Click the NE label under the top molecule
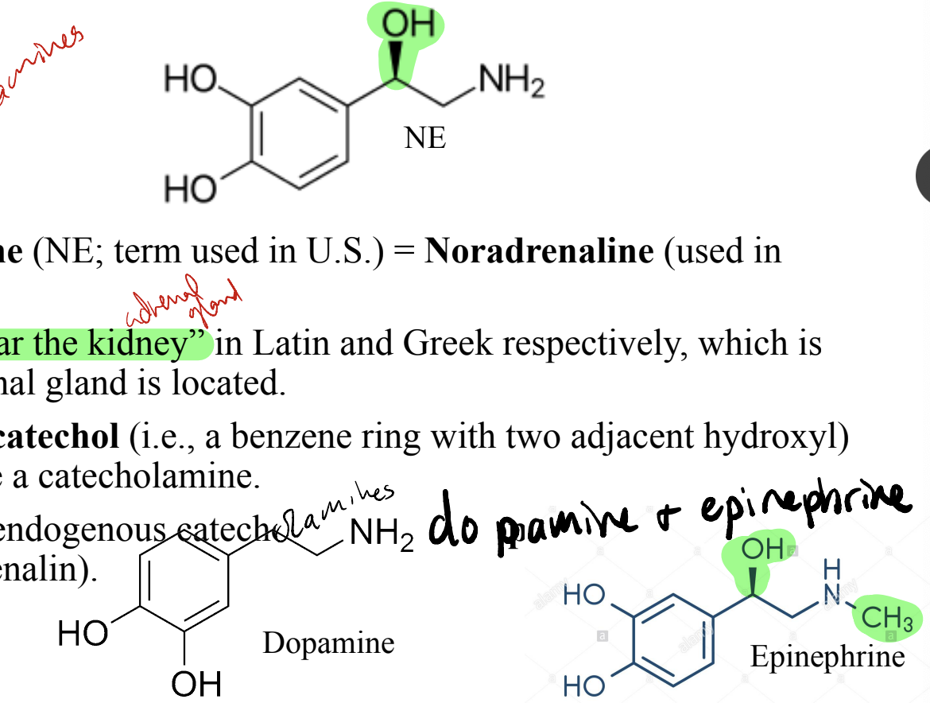pyautogui.click(x=425, y=138)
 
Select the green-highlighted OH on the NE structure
pyautogui.click(x=409, y=25)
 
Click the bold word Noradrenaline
pyautogui.click(x=539, y=251)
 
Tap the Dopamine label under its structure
pyautogui.click(x=328, y=643)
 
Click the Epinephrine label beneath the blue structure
pyautogui.click(x=827, y=657)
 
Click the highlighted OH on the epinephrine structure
pyautogui.click(x=761, y=549)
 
